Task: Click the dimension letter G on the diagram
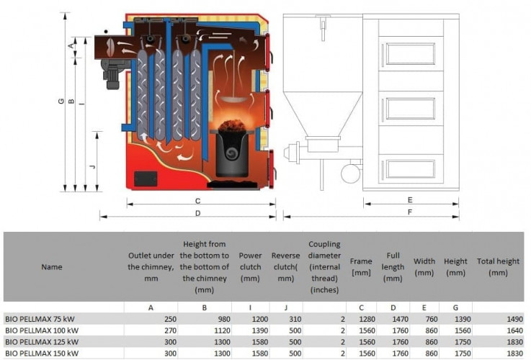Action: point(61,101)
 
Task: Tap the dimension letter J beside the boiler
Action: point(92,166)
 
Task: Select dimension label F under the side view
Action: point(410,212)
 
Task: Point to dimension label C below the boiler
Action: point(197,201)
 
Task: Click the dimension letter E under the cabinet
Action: point(410,200)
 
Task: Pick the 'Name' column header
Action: point(52,267)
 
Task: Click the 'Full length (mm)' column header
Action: point(393,266)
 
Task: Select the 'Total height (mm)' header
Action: point(498,266)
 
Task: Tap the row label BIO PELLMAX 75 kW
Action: point(40,319)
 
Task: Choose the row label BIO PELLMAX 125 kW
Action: point(42,342)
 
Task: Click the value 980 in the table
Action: point(224,319)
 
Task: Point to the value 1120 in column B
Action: point(222,330)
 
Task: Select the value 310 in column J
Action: point(295,319)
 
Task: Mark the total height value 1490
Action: point(514,319)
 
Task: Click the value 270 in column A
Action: point(170,330)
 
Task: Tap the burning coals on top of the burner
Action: point(232,125)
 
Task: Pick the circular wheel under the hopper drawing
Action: point(351,174)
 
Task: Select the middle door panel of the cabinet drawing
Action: point(411,109)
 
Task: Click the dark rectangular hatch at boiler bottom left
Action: point(146,179)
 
